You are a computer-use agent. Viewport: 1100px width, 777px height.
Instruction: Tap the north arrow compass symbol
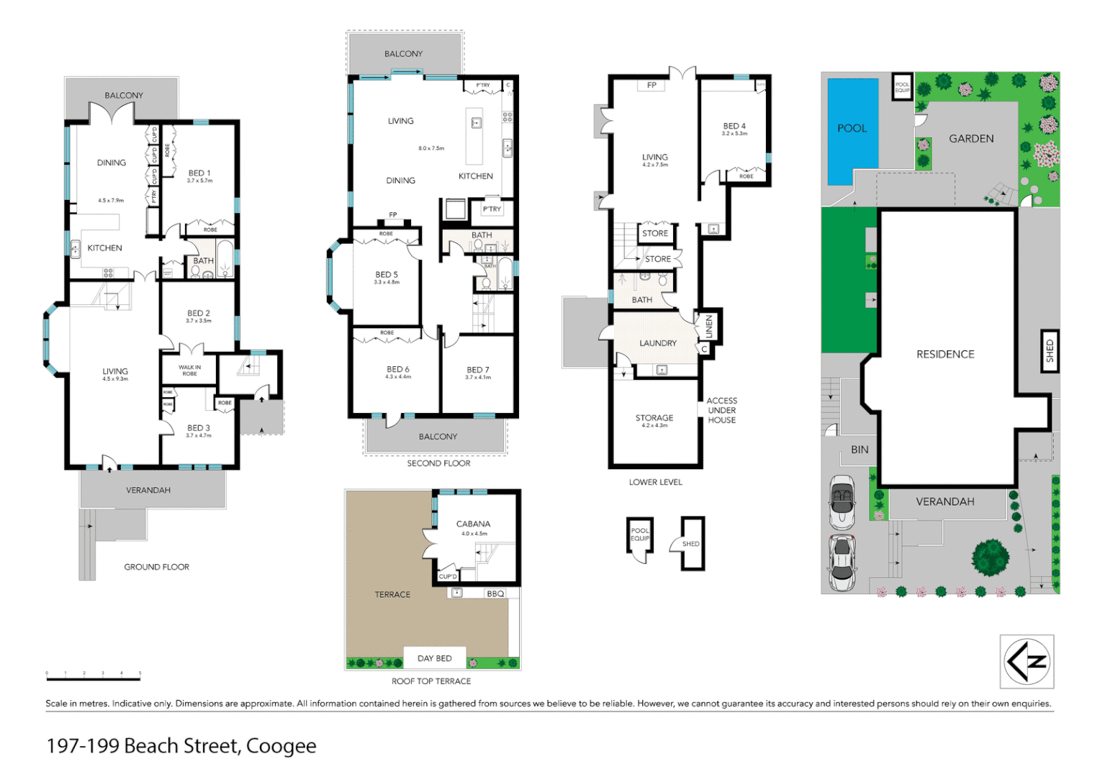point(1027,662)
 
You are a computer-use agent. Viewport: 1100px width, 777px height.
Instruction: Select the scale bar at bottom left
point(94,678)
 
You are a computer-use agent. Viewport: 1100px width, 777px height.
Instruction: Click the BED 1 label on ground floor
point(199,173)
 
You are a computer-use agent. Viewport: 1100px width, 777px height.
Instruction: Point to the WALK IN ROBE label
point(189,371)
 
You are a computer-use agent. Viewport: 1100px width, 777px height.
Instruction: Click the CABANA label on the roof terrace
point(473,524)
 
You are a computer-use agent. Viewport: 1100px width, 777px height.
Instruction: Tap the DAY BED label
point(435,658)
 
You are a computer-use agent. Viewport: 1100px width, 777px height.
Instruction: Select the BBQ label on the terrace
point(495,594)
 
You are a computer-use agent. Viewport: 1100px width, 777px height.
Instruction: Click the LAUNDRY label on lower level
point(657,344)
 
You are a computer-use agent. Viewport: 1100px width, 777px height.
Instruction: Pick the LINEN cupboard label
point(709,327)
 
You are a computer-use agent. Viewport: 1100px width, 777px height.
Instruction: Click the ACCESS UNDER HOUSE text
point(721,411)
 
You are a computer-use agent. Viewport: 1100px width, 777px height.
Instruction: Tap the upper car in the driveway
point(841,501)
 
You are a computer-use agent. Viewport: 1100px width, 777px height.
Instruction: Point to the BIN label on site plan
point(860,450)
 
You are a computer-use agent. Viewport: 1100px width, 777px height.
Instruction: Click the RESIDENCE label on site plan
point(945,355)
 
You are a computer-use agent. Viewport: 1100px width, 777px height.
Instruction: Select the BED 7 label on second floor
point(477,370)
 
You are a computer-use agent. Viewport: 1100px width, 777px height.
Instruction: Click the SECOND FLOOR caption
point(438,463)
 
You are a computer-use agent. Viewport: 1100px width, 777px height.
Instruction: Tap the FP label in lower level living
point(652,86)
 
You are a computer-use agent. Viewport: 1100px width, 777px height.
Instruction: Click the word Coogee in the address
point(281,746)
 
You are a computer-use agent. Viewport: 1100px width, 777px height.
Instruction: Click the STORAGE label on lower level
point(654,418)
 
